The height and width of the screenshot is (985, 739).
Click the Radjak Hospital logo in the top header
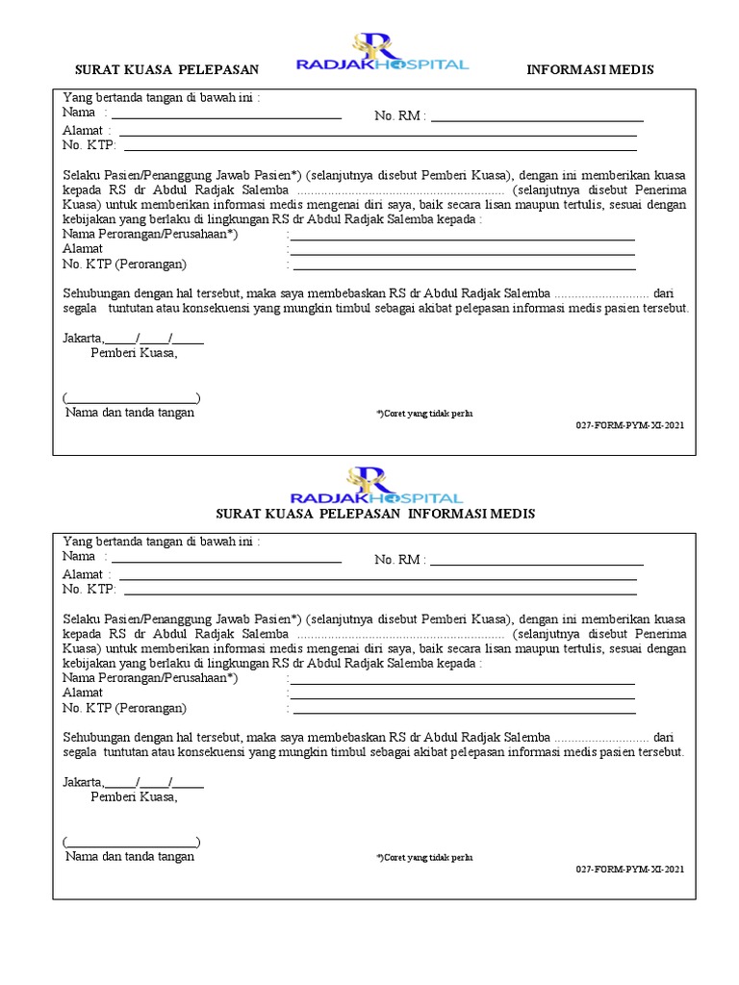click(382, 55)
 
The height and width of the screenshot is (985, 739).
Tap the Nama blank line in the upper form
click(226, 116)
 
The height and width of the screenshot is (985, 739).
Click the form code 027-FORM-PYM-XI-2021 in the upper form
click(630, 424)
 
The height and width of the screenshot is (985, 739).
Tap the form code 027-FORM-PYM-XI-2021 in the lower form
click(630, 868)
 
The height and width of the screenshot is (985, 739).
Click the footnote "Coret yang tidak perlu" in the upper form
click(424, 414)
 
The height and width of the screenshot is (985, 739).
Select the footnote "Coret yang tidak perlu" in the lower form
click(424, 857)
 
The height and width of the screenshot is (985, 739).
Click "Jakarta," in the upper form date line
click(83, 338)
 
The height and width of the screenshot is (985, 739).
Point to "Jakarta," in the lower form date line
click(83, 781)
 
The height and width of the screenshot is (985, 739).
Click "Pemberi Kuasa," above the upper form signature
click(134, 353)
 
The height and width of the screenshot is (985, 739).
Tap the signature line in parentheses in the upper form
click(132, 398)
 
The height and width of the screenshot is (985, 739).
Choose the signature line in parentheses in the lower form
click(132, 842)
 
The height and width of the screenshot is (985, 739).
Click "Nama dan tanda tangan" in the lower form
click(130, 856)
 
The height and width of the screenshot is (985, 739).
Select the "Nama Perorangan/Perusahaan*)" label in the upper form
click(150, 234)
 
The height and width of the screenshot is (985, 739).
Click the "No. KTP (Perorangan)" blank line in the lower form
click(464, 713)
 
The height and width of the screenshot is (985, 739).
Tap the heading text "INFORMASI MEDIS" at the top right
click(591, 70)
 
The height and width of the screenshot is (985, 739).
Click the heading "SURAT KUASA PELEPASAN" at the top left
click(168, 70)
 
